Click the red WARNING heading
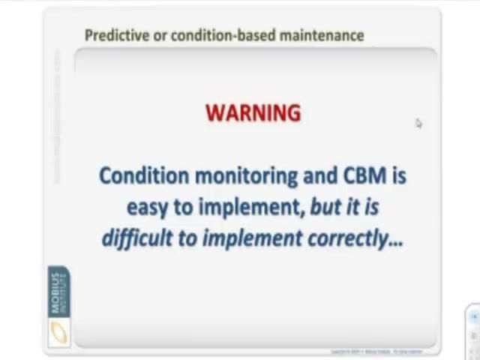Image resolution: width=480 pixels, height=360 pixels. click(253, 113)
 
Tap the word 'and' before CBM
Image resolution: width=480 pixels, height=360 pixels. click(320, 175)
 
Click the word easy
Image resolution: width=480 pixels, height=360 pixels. click(148, 208)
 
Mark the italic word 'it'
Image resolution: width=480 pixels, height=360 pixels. click(353, 207)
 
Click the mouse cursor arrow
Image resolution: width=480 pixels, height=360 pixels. click(418, 123)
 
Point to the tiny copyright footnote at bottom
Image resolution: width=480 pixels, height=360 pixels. click(376, 351)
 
